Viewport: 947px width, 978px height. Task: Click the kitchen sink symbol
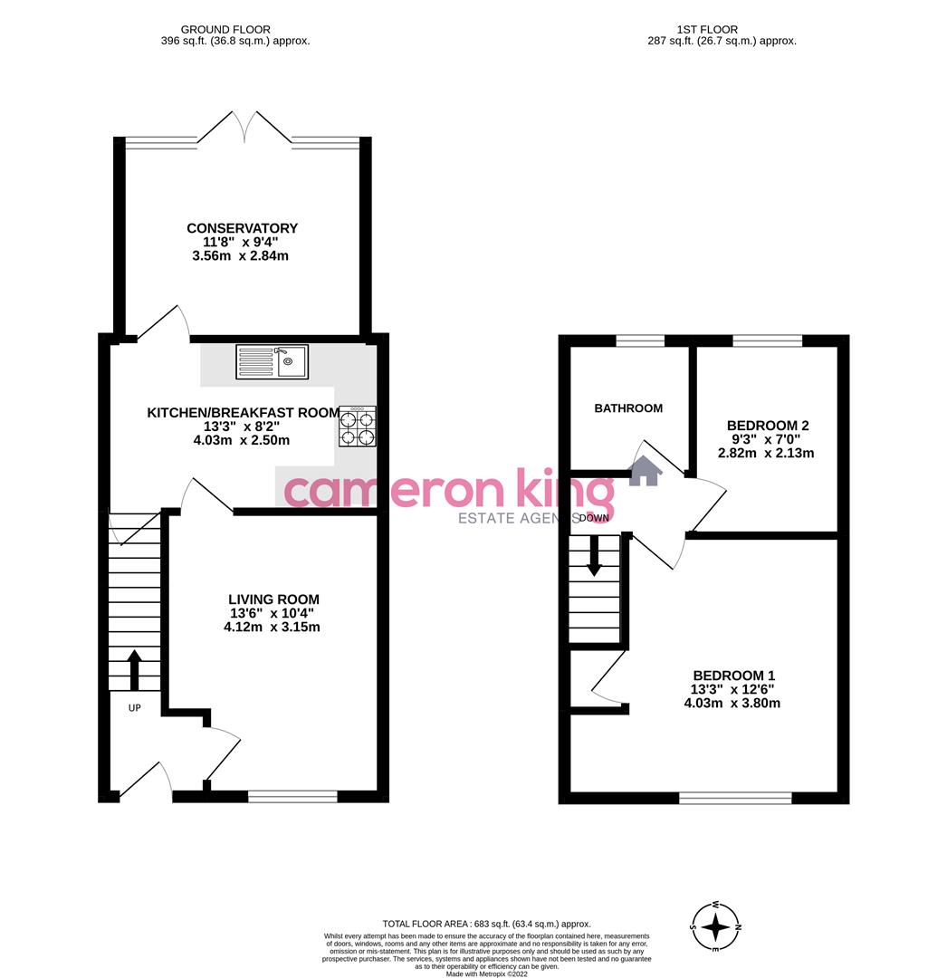[272, 361]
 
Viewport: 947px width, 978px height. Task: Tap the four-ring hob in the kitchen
[357, 427]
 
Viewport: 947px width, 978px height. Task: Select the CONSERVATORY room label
[242, 228]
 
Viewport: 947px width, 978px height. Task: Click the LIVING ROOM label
[273, 599]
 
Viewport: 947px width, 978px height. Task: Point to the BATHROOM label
[628, 408]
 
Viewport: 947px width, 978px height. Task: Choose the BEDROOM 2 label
[768, 426]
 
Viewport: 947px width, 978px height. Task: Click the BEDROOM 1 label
[733, 676]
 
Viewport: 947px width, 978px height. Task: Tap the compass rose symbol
[715, 926]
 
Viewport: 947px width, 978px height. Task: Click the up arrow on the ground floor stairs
[135, 669]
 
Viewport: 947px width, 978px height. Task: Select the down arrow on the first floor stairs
[595, 555]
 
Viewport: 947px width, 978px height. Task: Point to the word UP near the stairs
[134, 708]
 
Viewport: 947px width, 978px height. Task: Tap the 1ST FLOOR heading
[705, 30]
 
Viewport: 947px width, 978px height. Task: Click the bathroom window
[640, 340]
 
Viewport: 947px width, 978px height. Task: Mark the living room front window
[292, 796]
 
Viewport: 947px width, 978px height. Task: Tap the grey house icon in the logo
[645, 471]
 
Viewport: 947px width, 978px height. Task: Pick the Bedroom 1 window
[735, 798]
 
